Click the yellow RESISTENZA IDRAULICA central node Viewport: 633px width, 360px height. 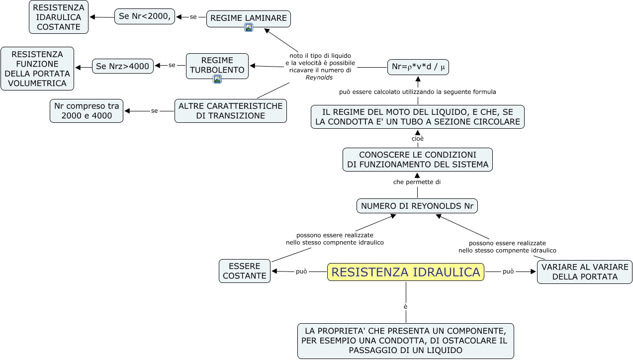click(405, 272)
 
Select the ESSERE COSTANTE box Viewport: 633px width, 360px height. click(245, 271)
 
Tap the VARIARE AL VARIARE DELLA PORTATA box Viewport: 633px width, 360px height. click(585, 272)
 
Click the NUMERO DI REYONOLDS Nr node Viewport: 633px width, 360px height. click(417, 206)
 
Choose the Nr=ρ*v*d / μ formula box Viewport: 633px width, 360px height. click(418, 67)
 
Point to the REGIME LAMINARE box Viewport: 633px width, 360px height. click(248, 18)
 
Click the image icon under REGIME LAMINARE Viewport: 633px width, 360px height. click(249, 27)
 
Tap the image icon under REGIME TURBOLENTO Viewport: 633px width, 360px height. click(217, 79)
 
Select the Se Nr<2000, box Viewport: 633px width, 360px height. click(145, 16)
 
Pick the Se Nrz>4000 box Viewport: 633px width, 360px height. click(123, 66)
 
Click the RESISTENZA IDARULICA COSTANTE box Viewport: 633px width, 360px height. click(59, 17)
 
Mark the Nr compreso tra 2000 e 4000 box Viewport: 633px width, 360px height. click(87, 111)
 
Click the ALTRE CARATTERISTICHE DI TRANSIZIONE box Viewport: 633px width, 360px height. click(231, 111)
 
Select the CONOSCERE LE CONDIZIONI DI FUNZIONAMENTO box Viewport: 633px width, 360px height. click(417, 160)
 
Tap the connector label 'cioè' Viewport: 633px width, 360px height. click(418, 139)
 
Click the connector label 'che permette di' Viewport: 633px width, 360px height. click(417, 182)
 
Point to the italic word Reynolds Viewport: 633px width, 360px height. click(319, 78)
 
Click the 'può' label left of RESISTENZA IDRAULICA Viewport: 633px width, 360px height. click(301, 271)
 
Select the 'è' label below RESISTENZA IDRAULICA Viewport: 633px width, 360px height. click(406, 306)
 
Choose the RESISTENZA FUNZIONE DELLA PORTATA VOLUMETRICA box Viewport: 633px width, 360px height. click(37, 69)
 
